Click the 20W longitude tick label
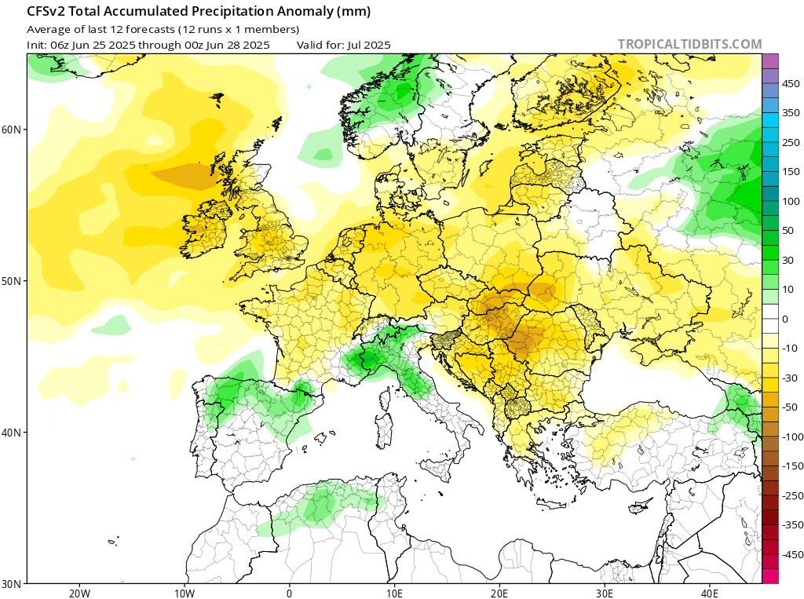coord(79,593)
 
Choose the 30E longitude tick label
coord(604,593)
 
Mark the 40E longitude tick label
coord(709,593)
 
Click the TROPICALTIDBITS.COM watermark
coord(689,45)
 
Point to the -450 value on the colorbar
coord(780,554)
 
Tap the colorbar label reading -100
coord(780,436)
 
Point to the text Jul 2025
coord(365,45)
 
